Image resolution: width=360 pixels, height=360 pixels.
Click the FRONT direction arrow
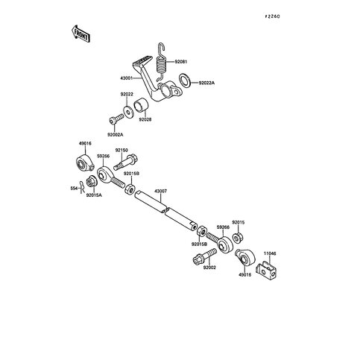click(80, 33)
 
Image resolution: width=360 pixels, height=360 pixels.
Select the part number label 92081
click(183, 62)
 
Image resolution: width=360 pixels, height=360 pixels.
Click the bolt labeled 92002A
click(115, 119)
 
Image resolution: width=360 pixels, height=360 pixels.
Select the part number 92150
click(121, 151)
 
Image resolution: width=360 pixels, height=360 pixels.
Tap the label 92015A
click(94, 195)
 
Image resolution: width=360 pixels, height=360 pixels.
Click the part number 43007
click(161, 191)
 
